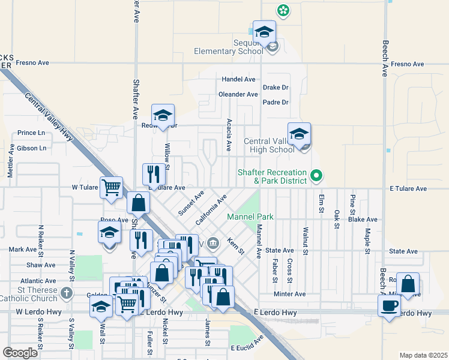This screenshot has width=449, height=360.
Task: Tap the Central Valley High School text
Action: [x=269, y=146]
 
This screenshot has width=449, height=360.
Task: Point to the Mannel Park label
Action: [x=250, y=217]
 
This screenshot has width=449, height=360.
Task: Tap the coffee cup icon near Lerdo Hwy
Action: [x=388, y=306]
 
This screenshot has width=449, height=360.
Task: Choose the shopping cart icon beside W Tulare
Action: [x=112, y=188]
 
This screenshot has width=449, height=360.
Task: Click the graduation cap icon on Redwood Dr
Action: [x=163, y=115]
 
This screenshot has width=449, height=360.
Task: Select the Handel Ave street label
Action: [x=238, y=79]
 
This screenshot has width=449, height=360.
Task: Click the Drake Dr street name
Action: [x=276, y=88]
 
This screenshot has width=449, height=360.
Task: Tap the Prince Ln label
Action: [x=31, y=133]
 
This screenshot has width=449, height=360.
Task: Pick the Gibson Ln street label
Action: [x=32, y=148]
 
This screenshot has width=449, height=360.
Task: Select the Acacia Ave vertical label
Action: [x=229, y=134]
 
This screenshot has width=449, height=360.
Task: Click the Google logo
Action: [x=20, y=353]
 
